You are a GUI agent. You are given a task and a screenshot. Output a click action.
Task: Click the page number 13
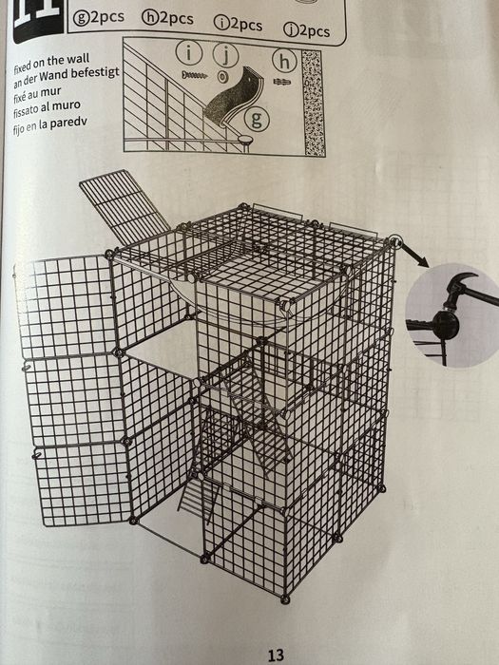276,655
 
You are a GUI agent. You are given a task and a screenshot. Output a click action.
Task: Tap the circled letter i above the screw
189,53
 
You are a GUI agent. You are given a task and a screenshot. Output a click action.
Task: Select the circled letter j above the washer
226,55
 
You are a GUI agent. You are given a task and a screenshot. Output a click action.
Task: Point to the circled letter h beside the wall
284,62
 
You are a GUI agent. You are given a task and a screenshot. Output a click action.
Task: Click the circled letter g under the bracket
257,119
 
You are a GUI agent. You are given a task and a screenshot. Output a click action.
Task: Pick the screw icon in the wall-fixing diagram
194,75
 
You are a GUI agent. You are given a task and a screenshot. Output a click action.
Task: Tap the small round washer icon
222,77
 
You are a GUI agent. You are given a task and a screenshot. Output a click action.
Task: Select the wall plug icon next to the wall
282,82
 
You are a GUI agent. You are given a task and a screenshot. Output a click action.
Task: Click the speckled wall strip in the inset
313,103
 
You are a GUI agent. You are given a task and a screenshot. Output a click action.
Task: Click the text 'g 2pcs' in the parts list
99,17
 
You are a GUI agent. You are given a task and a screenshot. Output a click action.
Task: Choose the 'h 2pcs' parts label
168,19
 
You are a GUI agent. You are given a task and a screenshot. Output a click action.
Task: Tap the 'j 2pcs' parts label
307,30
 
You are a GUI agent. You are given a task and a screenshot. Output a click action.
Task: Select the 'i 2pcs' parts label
238,24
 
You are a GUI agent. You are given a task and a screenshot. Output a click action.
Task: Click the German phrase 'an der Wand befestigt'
67,78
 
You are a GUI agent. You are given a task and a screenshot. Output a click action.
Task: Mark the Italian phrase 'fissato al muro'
47,111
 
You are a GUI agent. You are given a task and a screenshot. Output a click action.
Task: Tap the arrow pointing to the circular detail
414,255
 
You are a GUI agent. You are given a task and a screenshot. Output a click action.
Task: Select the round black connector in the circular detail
445,325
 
